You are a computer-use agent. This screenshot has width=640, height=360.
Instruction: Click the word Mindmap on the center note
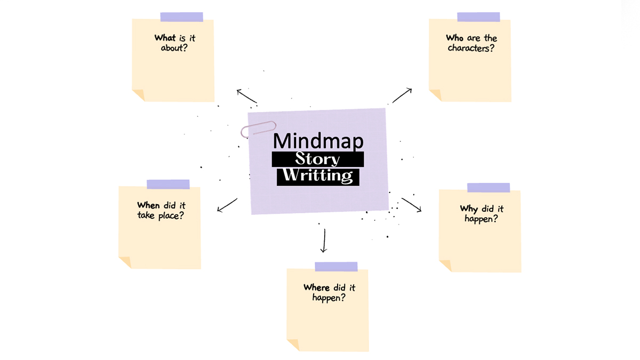[318, 141]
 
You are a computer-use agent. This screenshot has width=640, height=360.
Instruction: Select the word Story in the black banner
[318, 159]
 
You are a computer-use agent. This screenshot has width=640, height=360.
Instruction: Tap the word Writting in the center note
[318, 175]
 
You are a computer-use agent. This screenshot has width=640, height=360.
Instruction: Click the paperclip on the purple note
[259, 129]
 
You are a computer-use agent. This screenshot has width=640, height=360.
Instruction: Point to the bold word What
[165, 38]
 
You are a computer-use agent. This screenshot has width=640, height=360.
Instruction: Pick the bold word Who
[455, 38]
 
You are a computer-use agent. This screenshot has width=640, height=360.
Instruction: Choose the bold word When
[148, 205]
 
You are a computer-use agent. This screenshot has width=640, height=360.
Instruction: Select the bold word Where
[317, 288]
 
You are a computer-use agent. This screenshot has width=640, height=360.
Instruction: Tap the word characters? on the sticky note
[470, 48]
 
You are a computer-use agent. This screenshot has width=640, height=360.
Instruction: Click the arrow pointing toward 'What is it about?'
[246, 97]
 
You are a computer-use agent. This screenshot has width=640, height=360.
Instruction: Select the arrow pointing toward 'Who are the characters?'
[402, 95]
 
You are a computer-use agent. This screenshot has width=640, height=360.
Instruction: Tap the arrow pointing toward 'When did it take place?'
[227, 205]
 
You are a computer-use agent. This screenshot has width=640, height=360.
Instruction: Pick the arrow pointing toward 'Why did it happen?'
[411, 204]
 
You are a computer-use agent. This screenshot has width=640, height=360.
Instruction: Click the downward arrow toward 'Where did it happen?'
[323, 241]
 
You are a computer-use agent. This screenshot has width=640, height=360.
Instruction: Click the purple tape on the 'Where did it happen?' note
[336, 266]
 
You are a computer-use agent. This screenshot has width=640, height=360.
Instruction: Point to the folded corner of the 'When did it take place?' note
[125, 262]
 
